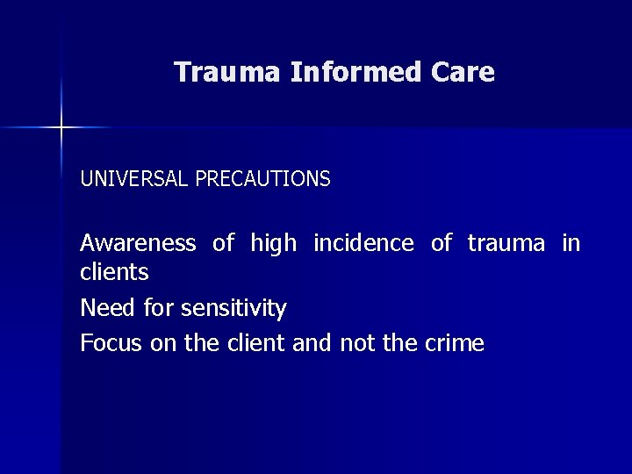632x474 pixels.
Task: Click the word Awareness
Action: (x=138, y=243)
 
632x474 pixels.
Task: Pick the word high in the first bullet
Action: (x=274, y=243)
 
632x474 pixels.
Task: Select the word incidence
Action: (x=363, y=243)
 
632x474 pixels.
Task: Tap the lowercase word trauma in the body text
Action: (x=506, y=243)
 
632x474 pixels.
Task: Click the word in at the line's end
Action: (x=571, y=243)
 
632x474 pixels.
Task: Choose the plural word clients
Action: (x=114, y=273)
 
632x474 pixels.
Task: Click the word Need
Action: (x=103, y=308)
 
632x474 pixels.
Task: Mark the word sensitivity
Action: (x=233, y=308)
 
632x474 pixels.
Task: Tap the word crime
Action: (x=454, y=343)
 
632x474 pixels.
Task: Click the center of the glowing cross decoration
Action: (x=61, y=128)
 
